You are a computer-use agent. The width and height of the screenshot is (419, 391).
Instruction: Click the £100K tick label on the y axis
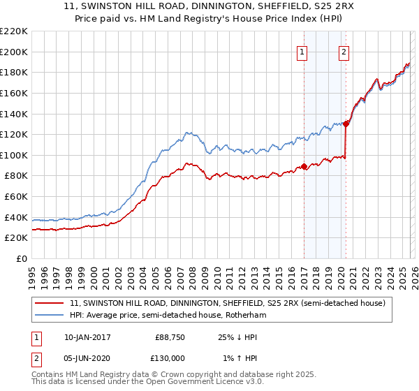click(x=14, y=155)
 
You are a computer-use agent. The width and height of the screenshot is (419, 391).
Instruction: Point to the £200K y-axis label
click(x=14, y=52)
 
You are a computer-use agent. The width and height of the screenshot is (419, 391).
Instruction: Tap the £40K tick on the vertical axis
click(x=16, y=217)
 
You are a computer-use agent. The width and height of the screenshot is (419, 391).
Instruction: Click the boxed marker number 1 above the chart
click(x=303, y=51)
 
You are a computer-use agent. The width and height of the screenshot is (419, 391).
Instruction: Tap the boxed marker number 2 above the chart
click(x=345, y=51)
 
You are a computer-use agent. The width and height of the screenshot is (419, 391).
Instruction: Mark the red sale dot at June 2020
click(x=346, y=124)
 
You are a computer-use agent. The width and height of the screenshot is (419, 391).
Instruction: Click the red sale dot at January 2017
click(x=304, y=167)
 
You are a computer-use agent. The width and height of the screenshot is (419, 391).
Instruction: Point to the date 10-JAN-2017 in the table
click(x=87, y=337)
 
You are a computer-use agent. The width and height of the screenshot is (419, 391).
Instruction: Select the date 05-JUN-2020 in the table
click(x=87, y=358)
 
